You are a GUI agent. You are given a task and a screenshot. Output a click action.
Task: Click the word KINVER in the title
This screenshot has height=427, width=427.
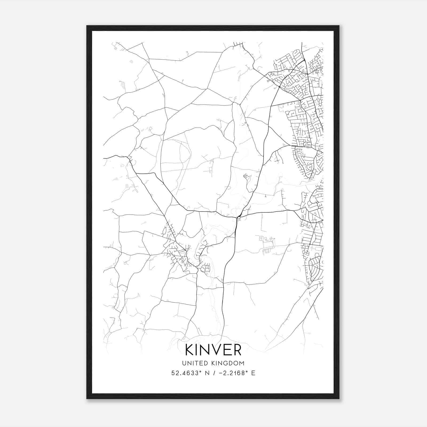click(x=213, y=350)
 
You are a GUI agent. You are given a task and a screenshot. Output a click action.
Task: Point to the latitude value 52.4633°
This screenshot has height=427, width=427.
click(x=185, y=373)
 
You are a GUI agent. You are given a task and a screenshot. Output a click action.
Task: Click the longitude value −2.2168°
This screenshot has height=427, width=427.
click(x=231, y=373)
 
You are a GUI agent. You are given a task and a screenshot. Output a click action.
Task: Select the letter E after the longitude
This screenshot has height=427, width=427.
click(x=253, y=373)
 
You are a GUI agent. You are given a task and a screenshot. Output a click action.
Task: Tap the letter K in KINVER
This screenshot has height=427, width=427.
click(x=190, y=350)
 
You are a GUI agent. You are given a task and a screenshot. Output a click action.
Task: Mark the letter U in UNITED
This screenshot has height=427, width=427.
click(x=184, y=363)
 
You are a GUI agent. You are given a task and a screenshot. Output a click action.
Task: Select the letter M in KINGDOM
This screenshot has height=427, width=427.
click(x=242, y=363)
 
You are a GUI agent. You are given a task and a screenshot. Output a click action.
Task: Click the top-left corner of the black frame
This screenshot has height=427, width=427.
click(x=87, y=26)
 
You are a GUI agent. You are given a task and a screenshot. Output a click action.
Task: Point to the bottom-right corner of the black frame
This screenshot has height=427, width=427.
click(x=339, y=399)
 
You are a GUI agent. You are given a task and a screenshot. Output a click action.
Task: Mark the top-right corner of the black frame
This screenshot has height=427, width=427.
click(x=339, y=26)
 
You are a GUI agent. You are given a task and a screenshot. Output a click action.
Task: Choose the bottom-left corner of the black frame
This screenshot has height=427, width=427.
click(x=87, y=399)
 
